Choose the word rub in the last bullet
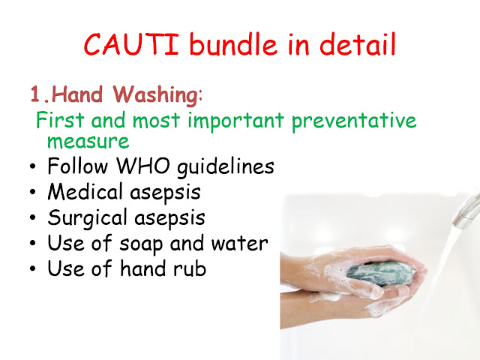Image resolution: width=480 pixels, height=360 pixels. (189, 268)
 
